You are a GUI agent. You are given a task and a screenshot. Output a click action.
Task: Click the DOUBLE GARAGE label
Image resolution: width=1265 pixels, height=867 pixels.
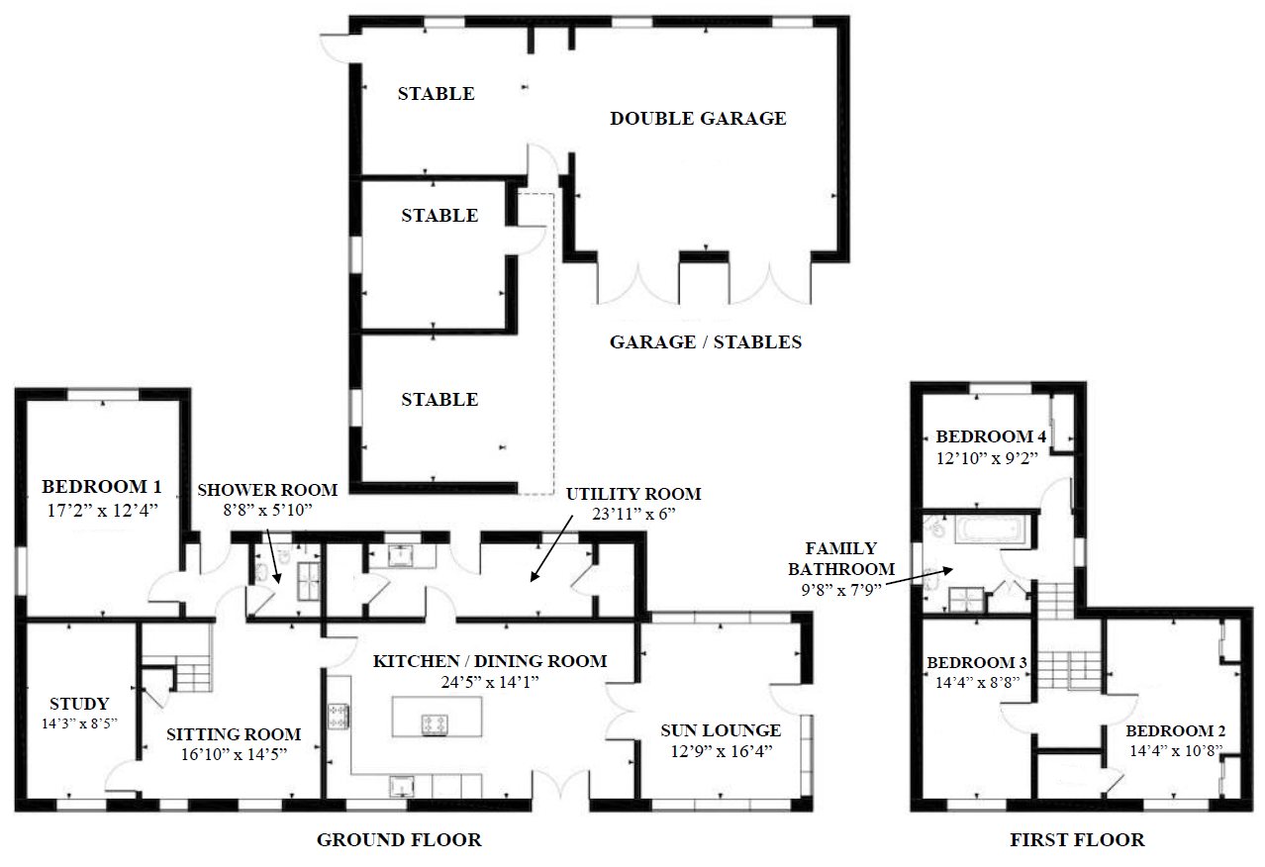[x=698, y=119]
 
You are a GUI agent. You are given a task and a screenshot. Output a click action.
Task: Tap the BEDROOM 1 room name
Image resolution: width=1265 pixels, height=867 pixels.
[x=101, y=487]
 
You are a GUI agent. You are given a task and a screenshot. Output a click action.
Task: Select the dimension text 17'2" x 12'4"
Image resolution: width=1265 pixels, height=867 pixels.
[x=101, y=509]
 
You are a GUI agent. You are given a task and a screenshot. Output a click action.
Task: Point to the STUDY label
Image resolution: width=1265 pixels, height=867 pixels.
[x=79, y=704]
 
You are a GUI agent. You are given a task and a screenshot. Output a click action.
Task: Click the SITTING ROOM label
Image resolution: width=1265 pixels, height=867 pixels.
[x=234, y=734]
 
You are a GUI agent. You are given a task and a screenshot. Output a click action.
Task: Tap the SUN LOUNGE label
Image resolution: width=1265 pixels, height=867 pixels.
[x=721, y=730]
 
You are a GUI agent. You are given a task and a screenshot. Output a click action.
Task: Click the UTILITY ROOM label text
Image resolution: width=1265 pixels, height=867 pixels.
[x=633, y=494]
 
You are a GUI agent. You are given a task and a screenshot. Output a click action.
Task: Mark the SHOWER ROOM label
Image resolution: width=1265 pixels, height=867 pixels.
[x=267, y=490]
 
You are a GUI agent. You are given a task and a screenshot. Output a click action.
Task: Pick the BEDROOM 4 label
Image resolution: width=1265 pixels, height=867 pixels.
[x=991, y=436]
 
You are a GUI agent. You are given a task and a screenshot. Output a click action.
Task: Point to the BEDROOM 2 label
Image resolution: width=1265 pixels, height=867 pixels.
[x=1176, y=731]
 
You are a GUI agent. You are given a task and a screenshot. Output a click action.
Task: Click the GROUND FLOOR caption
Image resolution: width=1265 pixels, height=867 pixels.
[x=399, y=840]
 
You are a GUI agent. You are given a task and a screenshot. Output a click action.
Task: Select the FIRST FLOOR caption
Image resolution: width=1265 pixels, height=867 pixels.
[x=1077, y=840]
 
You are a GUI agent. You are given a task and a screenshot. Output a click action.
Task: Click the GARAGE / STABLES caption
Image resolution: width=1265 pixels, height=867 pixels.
[x=705, y=342]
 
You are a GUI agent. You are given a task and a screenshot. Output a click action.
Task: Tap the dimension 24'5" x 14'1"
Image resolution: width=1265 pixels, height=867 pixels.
[x=490, y=682]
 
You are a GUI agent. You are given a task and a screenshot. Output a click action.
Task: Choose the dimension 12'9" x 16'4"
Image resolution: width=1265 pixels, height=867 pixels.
[x=721, y=751]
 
